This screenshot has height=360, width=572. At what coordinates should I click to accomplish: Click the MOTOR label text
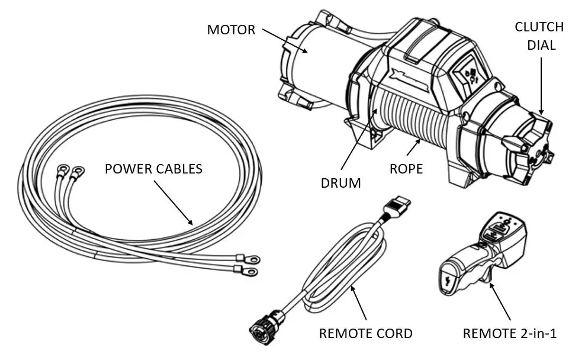coord(231,30)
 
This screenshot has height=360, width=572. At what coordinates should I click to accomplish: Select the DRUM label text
coord(340,183)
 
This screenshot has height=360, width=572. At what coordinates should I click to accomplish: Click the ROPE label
coord(406,169)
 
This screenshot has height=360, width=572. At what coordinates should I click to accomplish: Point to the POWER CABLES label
coord(153,169)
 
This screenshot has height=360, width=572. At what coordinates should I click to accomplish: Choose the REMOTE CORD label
coord(365,333)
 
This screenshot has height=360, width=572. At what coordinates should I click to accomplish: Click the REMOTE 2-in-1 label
coord(509,333)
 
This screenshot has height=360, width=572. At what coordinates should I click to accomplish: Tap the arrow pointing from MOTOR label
coord(285,41)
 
